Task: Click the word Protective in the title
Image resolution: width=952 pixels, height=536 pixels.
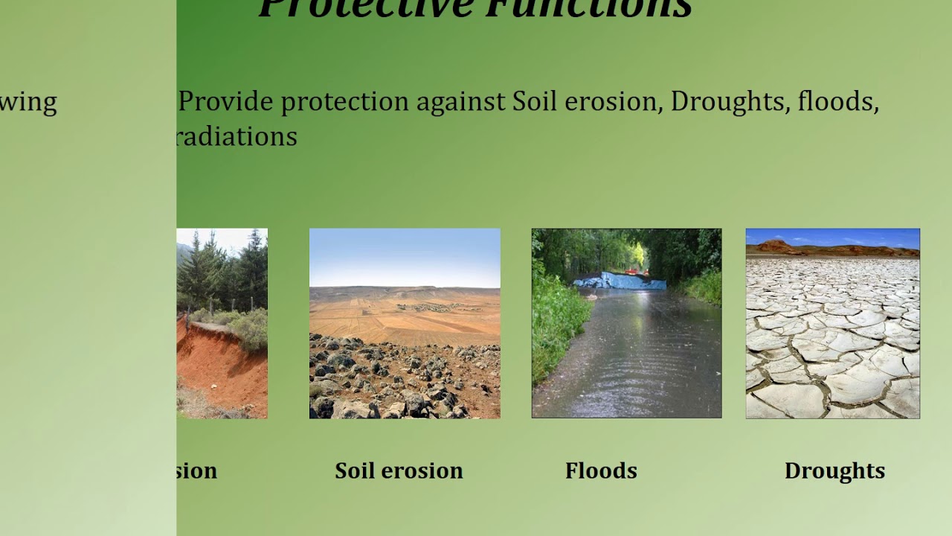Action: click(x=365, y=7)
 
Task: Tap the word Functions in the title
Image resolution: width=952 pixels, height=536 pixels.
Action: click(x=588, y=7)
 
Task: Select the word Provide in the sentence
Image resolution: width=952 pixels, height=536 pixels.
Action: click(x=226, y=102)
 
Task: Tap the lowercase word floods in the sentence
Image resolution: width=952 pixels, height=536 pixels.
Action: click(x=837, y=102)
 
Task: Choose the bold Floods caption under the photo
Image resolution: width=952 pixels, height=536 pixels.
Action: click(x=601, y=470)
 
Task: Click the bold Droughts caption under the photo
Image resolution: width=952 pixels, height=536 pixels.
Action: click(x=834, y=470)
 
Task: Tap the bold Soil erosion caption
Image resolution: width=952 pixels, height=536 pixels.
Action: click(x=399, y=470)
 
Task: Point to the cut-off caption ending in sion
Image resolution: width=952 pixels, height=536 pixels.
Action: click(x=197, y=470)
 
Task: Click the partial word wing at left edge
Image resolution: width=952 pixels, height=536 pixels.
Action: click(x=28, y=102)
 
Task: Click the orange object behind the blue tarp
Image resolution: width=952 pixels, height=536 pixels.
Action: click(x=633, y=271)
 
